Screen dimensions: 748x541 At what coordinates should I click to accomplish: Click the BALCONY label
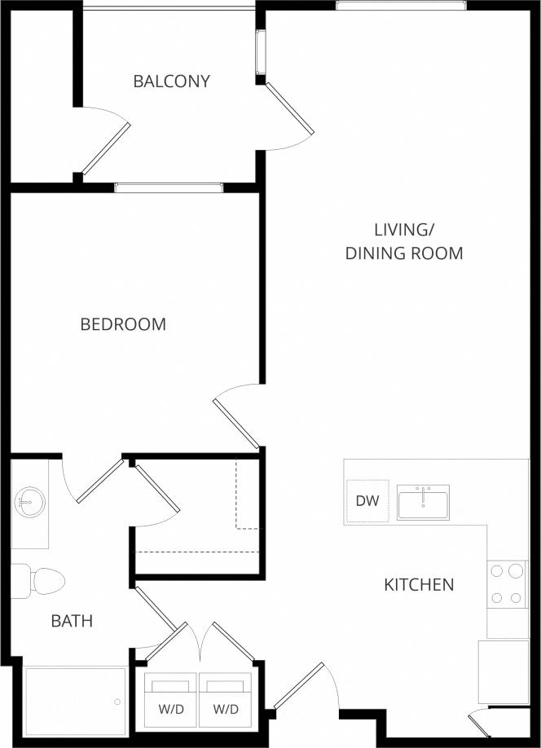click(x=171, y=81)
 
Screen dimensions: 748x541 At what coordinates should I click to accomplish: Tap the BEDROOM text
click(x=123, y=324)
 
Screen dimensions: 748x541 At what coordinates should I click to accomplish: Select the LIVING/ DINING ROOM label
click(x=404, y=241)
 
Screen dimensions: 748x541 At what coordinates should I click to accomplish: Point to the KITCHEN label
click(x=419, y=584)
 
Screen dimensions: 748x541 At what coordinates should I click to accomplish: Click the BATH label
click(x=72, y=621)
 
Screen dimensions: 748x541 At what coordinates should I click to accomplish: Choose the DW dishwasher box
click(x=367, y=501)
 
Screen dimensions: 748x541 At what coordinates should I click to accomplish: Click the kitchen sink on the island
click(x=423, y=502)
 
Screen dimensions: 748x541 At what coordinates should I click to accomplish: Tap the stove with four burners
click(x=508, y=584)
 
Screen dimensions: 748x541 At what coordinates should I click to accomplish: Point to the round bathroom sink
click(x=29, y=501)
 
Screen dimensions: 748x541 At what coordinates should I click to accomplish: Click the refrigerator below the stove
click(x=504, y=671)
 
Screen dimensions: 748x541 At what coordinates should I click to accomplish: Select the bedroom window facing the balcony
click(x=169, y=188)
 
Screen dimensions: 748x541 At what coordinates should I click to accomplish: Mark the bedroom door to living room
click(x=237, y=422)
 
